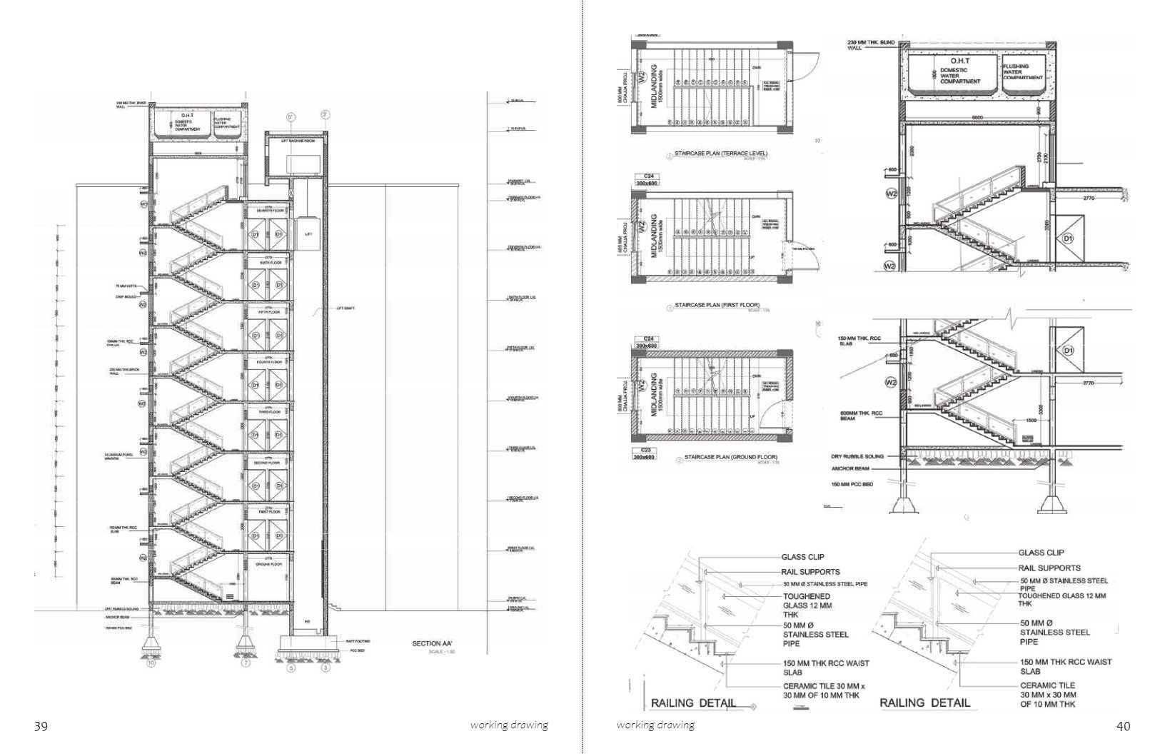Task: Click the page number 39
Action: click(x=41, y=727)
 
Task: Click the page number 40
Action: click(x=1123, y=726)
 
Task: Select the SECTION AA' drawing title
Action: click(x=432, y=644)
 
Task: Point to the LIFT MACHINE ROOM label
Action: click(x=298, y=141)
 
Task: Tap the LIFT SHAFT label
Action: click(x=345, y=308)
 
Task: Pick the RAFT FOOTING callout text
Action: click(x=358, y=642)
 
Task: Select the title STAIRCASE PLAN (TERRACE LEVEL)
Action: click(x=721, y=154)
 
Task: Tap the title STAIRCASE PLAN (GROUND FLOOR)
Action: click(x=730, y=457)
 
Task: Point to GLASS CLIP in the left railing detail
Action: click(x=803, y=557)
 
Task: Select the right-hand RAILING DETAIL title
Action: click(x=924, y=703)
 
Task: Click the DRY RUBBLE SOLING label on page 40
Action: click(x=857, y=456)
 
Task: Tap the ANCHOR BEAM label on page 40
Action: click(x=852, y=470)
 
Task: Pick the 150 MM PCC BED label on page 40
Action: click(x=852, y=485)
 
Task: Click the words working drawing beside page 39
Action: click(x=509, y=725)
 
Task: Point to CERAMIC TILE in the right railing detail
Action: click(x=1047, y=685)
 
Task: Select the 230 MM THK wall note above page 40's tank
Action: click(x=871, y=45)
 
